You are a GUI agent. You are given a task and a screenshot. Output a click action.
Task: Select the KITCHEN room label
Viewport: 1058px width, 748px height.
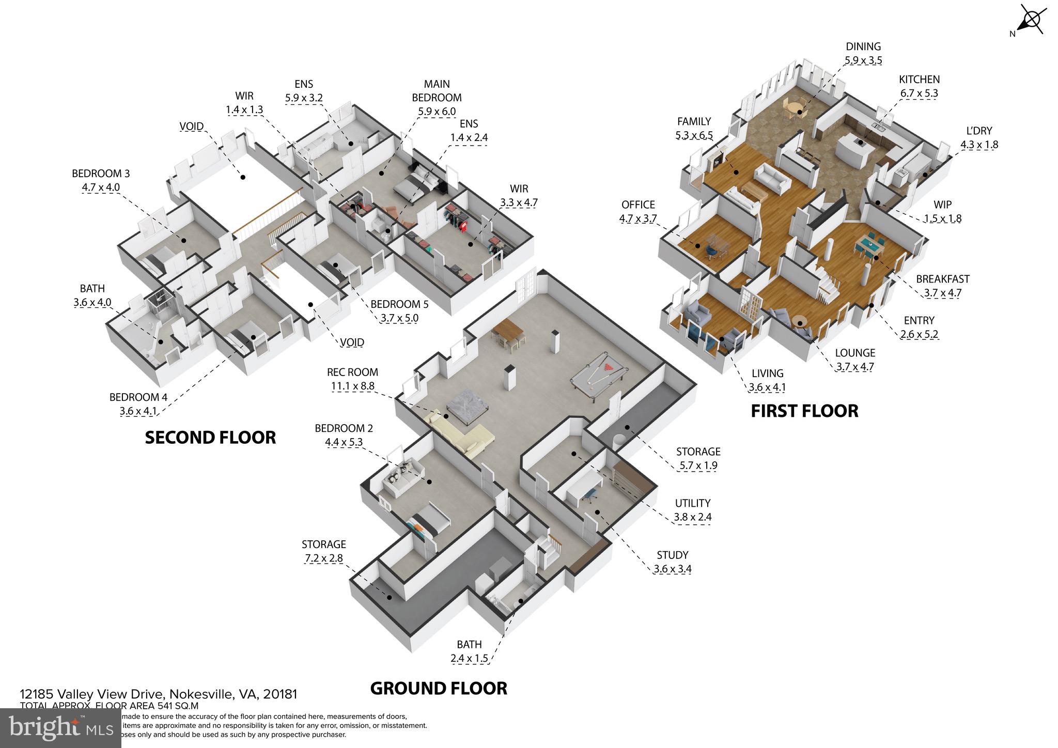tap(919, 80)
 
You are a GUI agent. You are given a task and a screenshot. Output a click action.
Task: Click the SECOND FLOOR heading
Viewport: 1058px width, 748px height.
tap(210, 438)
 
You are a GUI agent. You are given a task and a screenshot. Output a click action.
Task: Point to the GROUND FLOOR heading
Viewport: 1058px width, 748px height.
tap(439, 689)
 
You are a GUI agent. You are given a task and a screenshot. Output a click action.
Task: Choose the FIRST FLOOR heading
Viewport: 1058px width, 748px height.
tap(804, 411)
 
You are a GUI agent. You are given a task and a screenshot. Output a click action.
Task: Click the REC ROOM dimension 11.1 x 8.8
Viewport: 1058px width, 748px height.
tap(352, 386)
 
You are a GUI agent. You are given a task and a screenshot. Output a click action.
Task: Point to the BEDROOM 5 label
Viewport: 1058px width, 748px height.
tap(399, 304)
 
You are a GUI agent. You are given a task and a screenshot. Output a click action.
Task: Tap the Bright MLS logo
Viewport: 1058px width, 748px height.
tap(60, 728)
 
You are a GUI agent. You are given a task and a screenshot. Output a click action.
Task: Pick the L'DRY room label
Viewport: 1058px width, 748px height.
tap(979, 131)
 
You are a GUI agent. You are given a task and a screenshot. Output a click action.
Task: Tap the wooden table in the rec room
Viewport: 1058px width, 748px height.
tap(509, 333)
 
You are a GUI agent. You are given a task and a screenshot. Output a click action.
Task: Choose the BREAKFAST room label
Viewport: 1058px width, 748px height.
tap(942, 279)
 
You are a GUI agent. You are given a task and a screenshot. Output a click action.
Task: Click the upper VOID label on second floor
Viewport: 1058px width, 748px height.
tap(191, 127)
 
